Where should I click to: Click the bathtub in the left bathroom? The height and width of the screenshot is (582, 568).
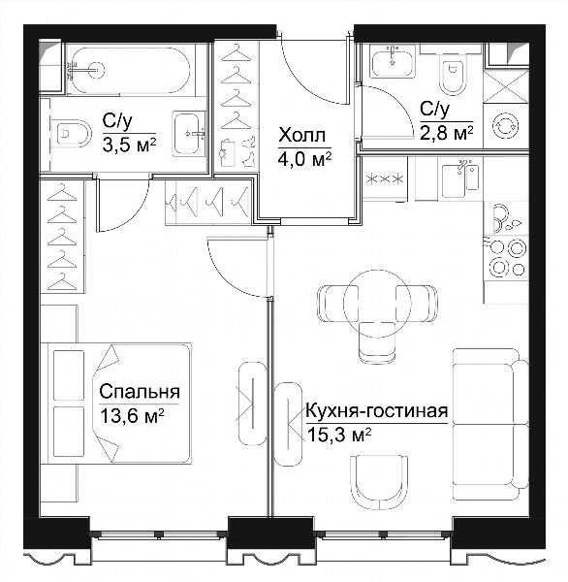point(131,70)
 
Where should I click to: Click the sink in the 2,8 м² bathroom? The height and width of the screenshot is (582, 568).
point(393,62)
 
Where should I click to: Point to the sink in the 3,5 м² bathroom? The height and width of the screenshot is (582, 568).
point(189,134)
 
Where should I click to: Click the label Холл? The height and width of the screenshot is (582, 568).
point(302,136)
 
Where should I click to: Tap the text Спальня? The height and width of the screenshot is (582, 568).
point(140,392)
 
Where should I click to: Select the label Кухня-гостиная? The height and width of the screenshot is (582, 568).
point(376,411)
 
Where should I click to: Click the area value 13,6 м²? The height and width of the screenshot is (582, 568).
point(132,416)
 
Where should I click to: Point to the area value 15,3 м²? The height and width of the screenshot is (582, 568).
point(339,435)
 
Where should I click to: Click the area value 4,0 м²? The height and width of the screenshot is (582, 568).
point(305,160)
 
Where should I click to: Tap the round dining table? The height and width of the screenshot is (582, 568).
point(377,304)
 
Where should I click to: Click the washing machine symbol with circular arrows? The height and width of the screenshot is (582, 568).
point(506,126)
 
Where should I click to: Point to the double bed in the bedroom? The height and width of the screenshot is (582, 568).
point(115,404)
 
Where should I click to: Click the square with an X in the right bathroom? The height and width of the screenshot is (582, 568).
point(506,86)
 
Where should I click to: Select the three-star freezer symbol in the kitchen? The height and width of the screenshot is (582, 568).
point(385,179)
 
